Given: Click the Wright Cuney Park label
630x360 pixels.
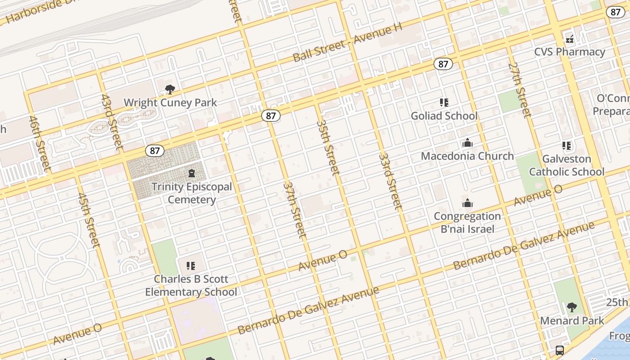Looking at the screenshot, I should [170, 103].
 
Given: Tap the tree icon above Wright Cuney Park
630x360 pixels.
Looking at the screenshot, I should [170, 90].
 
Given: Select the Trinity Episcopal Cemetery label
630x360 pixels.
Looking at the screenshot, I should [192, 193].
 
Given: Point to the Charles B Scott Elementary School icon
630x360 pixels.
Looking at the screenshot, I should [191, 265].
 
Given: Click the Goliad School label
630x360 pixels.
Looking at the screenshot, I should [444, 116].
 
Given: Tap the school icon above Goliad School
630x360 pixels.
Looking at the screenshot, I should [444, 103].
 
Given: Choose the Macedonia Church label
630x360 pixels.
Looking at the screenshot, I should [467, 156].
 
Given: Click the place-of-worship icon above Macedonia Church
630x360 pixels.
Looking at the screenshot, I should [468, 143].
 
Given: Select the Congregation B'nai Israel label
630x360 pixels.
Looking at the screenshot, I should [467, 223].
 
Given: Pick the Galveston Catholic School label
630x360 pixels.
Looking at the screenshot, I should [567, 165].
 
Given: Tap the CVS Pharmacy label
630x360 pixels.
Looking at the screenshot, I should [570, 52].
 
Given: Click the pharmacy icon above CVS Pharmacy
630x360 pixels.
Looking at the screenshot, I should [570, 39].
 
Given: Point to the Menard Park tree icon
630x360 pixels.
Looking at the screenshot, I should [571, 307].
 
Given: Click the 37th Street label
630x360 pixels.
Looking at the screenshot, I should [295, 210].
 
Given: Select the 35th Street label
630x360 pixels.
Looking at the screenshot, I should [328, 147].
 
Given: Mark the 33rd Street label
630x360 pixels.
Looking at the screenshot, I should [390, 181].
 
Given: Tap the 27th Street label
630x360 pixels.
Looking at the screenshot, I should [520, 90].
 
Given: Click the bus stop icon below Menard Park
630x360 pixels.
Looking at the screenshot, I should [559, 350].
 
